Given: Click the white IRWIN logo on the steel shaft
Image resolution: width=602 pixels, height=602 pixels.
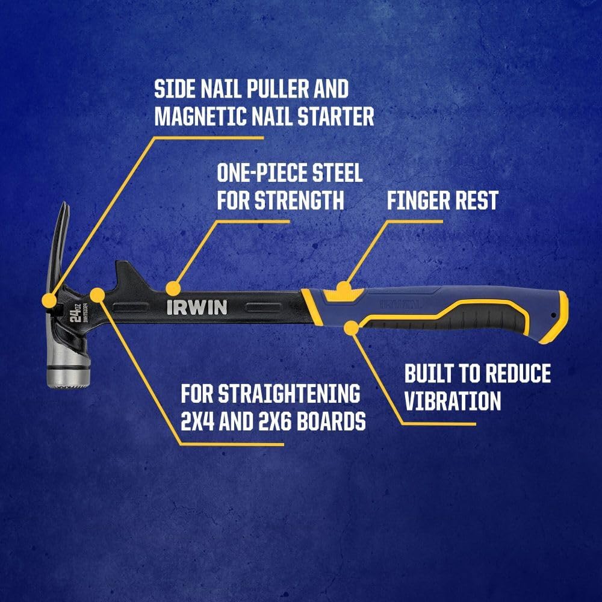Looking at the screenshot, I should pos(197,308).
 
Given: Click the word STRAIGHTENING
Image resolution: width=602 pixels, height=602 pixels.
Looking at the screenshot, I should pos(288,394).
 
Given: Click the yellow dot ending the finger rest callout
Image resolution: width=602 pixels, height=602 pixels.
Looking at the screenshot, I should pos(343,287).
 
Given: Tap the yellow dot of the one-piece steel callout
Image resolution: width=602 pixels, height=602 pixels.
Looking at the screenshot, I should pos(173,287).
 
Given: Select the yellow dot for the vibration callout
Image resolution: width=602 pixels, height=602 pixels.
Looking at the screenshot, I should pos(351,327).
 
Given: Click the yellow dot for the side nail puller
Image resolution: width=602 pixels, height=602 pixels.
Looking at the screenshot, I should pos(49,299).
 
